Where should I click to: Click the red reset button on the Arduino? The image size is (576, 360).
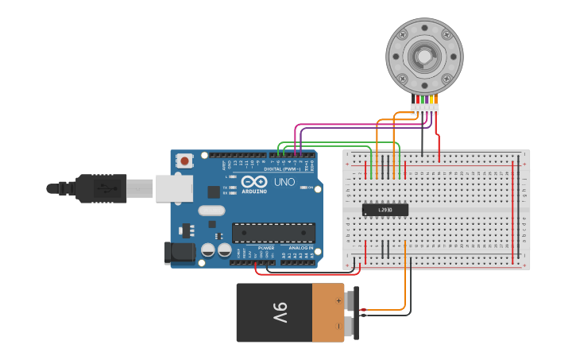(185, 161)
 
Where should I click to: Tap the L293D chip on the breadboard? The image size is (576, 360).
(385, 210)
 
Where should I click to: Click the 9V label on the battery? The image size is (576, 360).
(279, 312)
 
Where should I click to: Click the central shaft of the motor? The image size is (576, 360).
(423, 56)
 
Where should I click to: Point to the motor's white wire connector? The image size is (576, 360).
(424, 107)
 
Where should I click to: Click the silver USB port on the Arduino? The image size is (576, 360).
(174, 188)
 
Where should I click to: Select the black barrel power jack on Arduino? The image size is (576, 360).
(180, 253)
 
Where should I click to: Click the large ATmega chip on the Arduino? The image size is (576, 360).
(273, 233)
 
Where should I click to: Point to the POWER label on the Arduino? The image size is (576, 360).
(265, 248)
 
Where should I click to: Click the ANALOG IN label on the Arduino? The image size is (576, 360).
(300, 248)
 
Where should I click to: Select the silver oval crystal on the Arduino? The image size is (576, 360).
(211, 211)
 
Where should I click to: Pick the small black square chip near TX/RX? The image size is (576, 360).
(214, 192)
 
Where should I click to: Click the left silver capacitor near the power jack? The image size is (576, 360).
(207, 250)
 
